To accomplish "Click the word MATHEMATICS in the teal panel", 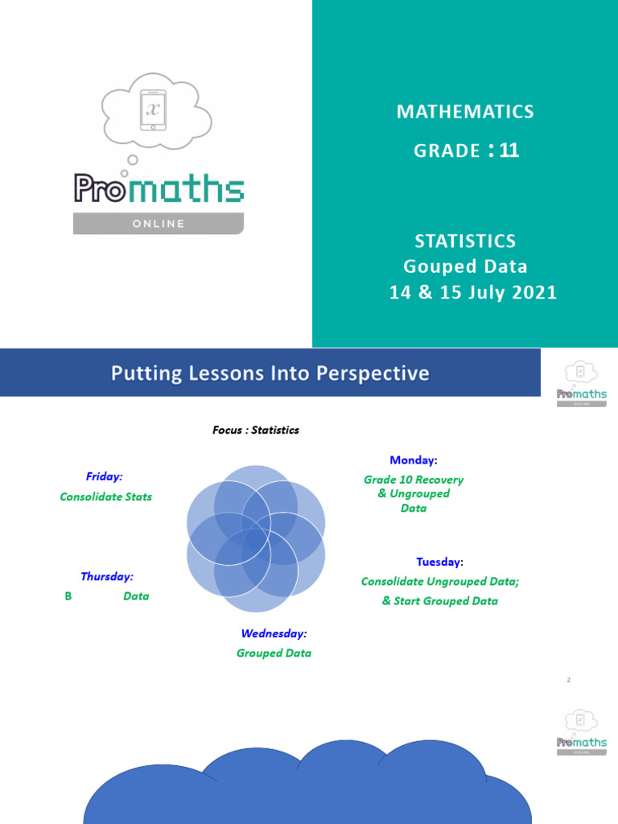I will click(x=464, y=112).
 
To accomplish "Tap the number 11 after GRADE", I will click(x=509, y=150).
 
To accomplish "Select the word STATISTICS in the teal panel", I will click(x=465, y=241).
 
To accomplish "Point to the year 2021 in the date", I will click(x=526, y=292).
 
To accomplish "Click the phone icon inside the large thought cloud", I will click(x=153, y=110).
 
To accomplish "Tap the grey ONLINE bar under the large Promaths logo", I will click(x=158, y=223).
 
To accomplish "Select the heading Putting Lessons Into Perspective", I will click(x=270, y=373).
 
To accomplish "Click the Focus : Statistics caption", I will click(x=255, y=430).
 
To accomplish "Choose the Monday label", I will click(x=413, y=459).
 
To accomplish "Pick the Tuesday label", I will click(x=439, y=561).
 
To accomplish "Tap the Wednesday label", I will click(x=274, y=633).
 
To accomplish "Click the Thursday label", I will click(x=106, y=576).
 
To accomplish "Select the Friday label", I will click(x=104, y=476).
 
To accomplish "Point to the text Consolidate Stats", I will click(x=105, y=496).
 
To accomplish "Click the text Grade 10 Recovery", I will click(x=413, y=480).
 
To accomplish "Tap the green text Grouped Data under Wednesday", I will click(x=274, y=653).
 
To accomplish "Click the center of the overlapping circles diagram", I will click(x=256, y=538).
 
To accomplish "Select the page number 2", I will click(x=568, y=680).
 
